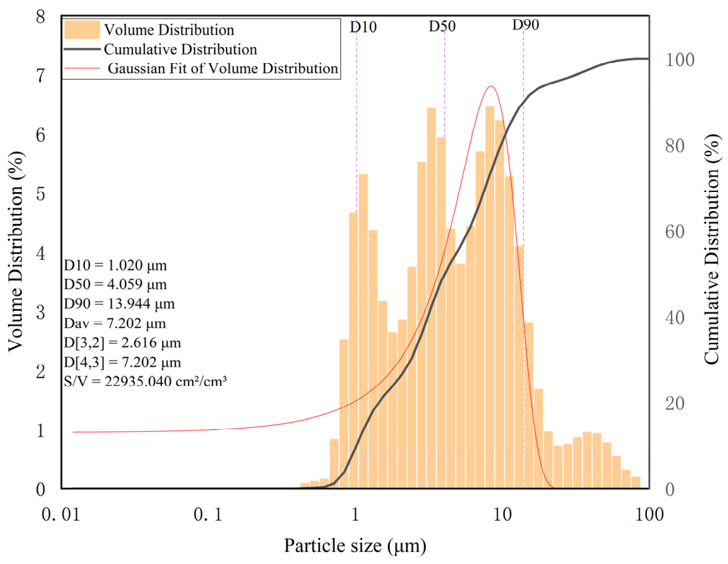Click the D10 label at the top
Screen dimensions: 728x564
(x=363, y=27)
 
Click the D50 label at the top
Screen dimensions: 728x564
(x=442, y=26)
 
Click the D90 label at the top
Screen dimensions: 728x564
(x=525, y=25)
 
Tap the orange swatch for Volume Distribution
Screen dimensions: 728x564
(x=82, y=29)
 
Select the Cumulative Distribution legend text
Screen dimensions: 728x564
(x=180, y=49)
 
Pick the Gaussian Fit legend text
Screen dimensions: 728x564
(x=223, y=68)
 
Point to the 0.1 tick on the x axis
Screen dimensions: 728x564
(x=208, y=514)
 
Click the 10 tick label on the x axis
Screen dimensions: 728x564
(x=502, y=514)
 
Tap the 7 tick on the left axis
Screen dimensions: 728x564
(x=41, y=76)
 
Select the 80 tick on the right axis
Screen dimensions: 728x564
(x=675, y=145)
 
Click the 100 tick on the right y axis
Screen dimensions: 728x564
(x=680, y=60)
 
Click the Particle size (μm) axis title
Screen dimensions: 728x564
(x=355, y=545)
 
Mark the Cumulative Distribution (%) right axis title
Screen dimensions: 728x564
(x=711, y=248)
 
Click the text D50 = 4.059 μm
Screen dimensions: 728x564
(x=115, y=284)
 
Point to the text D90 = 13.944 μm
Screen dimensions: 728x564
(x=120, y=304)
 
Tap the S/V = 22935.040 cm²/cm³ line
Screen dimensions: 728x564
(x=145, y=381)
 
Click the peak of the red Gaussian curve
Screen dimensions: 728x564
(x=491, y=86)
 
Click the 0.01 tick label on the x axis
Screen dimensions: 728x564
(x=61, y=514)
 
